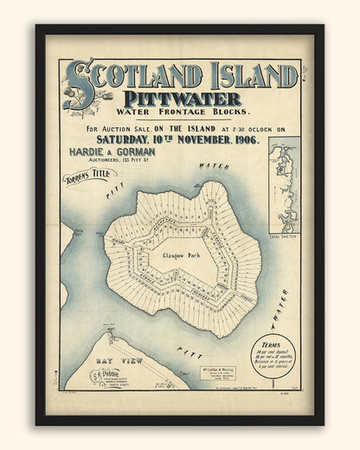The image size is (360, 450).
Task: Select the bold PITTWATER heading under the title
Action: pyautogui.click(x=181, y=99)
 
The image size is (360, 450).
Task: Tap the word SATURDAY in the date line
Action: pyautogui.click(x=126, y=139)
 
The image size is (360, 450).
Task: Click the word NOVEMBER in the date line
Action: pyautogui.click(x=202, y=139)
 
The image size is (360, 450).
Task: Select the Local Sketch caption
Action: pyautogui.click(x=282, y=211)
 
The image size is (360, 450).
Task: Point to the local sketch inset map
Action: pyautogui.click(x=283, y=173)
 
